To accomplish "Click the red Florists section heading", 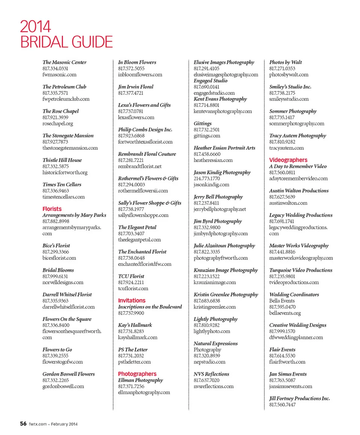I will tap(52, 209).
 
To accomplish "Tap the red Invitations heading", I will tap(132, 300).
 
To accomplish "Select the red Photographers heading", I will tap(137, 374).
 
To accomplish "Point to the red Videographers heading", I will tap(288, 160).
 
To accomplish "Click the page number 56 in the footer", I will tap(23, 424).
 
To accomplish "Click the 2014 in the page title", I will tap(35, 27).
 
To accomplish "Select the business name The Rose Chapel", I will tap(61, 111).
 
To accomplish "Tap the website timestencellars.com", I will tap(64, 197).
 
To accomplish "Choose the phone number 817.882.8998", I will tap(56, 221).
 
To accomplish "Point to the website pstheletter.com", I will tap(134, 362).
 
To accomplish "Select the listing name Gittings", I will tap(202, 123).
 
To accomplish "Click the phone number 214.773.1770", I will tap(207, 178).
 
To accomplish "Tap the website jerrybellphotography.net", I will tap(220, 209).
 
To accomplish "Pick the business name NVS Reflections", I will tap(211, 374).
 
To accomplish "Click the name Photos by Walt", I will tap(286, 62).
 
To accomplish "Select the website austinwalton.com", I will tap(288, 203).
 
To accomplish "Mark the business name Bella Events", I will tap(282, 301).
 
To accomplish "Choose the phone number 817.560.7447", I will tap(282, 405).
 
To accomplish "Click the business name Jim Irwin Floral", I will tap(136, 87).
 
